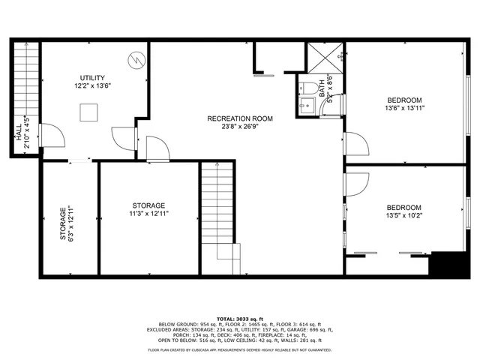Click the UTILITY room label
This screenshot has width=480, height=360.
[92, 78]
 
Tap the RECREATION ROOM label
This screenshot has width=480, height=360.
[240, 118]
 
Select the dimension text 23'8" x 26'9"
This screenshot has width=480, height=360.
[240, 127]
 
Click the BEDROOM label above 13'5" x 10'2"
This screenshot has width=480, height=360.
[403, 208]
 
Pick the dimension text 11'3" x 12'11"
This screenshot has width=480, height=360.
[148, 214]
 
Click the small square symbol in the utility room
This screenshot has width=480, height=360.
[89, 112]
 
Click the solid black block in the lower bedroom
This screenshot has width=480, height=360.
[451, 265]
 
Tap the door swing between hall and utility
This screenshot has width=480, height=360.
[48, 135]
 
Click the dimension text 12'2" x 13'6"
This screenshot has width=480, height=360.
[92, 86]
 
